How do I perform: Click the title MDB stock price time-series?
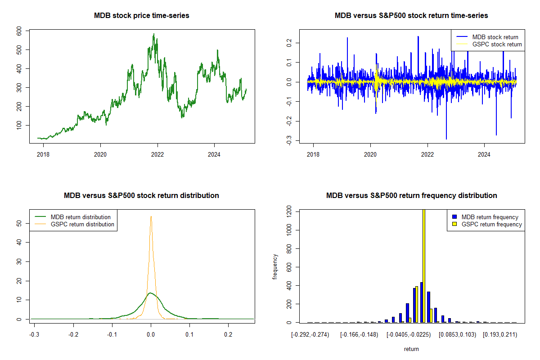[141, 15]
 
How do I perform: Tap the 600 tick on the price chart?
[19, 31]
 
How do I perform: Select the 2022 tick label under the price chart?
[157, 154]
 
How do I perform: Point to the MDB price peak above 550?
[154, 34]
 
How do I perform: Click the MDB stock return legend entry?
[487, 37]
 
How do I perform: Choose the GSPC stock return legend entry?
[489, 45]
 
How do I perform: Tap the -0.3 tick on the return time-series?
[289, 140]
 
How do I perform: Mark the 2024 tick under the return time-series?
[484, 154]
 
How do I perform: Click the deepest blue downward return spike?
[446, 139]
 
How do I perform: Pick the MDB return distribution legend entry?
[72, 217]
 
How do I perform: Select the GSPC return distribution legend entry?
[75, 224]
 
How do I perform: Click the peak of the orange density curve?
[151, 216]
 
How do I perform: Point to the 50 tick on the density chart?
[19, 224]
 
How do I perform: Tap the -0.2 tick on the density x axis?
[73, 335]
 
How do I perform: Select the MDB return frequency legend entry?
[486, 217]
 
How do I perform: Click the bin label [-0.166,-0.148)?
[359, 335]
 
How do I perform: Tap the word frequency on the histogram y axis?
[275, 267]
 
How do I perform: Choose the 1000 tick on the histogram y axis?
[289, 230]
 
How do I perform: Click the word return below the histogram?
[411, 349]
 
